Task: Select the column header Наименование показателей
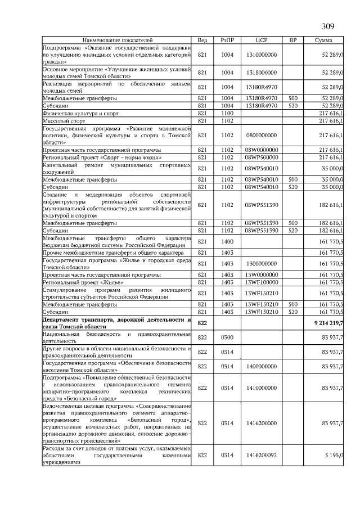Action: [117, 40]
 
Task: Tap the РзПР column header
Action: [227, 40]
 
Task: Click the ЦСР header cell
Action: [260, 40]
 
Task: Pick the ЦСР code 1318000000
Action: [260, 72]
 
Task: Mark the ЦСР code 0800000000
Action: [260, 136]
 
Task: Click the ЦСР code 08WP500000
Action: [260, 157]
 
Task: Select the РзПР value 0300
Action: [227, 336]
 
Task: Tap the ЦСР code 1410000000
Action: [260, 388]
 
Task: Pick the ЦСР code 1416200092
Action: [260, 455]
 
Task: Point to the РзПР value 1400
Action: [227, 241]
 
